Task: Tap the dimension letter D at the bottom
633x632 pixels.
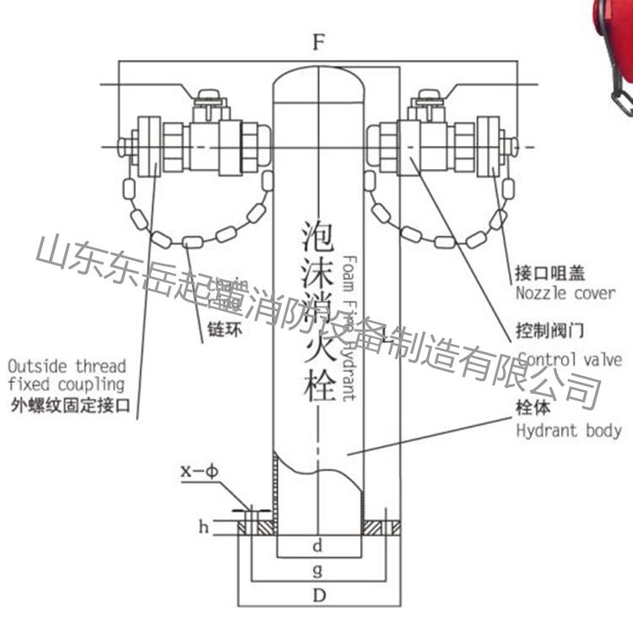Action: tap(318, 595)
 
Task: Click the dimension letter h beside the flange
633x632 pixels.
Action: tap(203, 527)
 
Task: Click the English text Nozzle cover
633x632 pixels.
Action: tap(565, 293)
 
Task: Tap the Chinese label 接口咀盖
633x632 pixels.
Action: tap(550, 274)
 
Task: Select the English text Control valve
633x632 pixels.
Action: tap(570, 360)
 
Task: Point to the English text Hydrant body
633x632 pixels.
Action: tap(568, 430)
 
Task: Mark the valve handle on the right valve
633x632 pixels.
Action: tap(425, 101)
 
